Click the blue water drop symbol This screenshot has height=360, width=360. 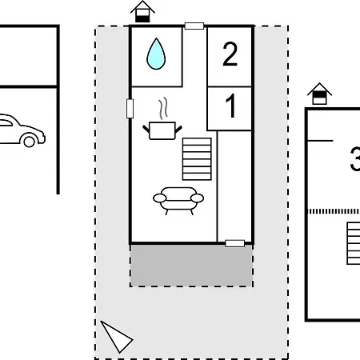point(156,54)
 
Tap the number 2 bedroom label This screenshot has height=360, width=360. point(230,54)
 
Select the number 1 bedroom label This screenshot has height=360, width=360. point(230,106)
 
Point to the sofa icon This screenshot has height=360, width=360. point(178,201)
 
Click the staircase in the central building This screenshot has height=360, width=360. point(197,159)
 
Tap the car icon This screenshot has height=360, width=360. point(22,130)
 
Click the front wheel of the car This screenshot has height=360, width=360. point(29,142)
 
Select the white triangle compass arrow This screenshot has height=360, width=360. point(116,337)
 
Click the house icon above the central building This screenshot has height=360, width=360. point(142,12)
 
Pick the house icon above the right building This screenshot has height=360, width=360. point(319,94)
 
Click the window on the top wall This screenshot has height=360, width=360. point(194,26)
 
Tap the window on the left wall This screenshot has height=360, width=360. point(130,109)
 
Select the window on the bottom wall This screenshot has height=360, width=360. point(235,243)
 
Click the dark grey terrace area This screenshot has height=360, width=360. point(191,266)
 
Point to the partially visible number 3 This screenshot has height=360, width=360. point(355,159)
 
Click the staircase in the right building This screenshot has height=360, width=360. point(354,243)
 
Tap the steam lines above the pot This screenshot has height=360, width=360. point(163,108)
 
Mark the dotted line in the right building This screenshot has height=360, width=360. point(334,211)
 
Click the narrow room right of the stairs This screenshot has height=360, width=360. point(234,186)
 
